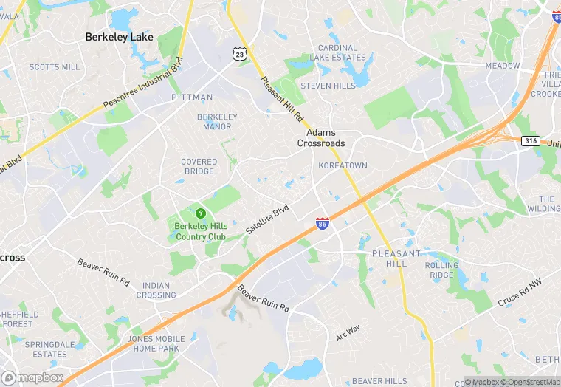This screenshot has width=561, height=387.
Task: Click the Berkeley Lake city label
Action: (x=119, y=36)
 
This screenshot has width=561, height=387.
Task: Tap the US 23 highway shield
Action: (x=238, y=53)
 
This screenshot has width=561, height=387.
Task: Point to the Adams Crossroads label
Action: (x=321, y=138)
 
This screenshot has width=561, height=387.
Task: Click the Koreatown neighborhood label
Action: (x=343, y=165)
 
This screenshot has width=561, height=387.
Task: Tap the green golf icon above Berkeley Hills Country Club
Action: (x=200, y=213)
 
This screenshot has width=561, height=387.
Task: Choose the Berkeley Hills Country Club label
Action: (x=200, y=231)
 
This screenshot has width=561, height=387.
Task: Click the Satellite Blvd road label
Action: (x=266, y=220)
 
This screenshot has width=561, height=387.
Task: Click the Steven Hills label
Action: (x=328, y=86)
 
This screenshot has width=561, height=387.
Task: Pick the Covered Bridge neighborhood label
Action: (x=199, y=166)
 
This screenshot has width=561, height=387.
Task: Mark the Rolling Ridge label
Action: (x=441, y=270)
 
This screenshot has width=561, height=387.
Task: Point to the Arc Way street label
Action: (x=348, y=332)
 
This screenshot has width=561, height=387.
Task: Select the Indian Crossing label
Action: (x=156, y=290)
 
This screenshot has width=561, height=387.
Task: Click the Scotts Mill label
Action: (x=55, y=67)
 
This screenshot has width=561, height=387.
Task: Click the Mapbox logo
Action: (x=32, y=377)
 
